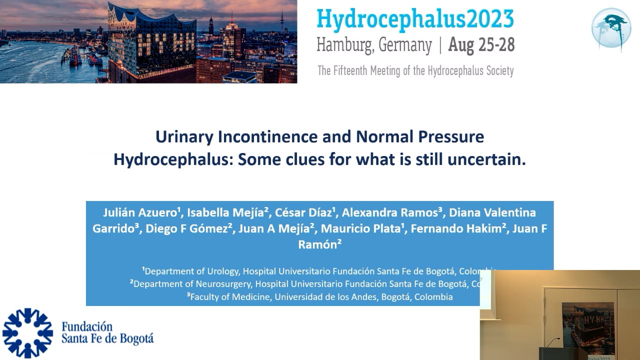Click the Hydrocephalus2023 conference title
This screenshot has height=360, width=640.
pos(415,19)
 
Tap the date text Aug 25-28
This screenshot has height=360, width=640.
pos(481,45)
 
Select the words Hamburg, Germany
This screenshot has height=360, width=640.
pos(374,45)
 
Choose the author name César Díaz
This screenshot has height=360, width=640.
pos(303,212)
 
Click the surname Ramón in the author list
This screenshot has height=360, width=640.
pos(317,244)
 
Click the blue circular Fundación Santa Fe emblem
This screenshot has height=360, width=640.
pos(27,333)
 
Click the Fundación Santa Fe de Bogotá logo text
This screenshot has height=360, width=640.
pos(107,333)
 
